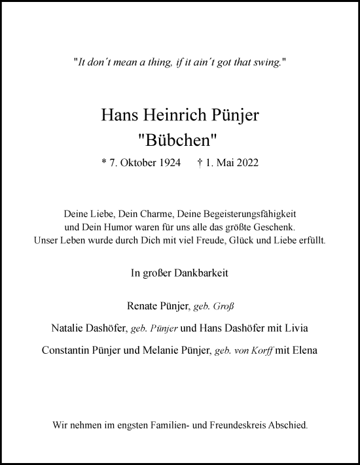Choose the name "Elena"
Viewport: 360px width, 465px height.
(x=304, y=350)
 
